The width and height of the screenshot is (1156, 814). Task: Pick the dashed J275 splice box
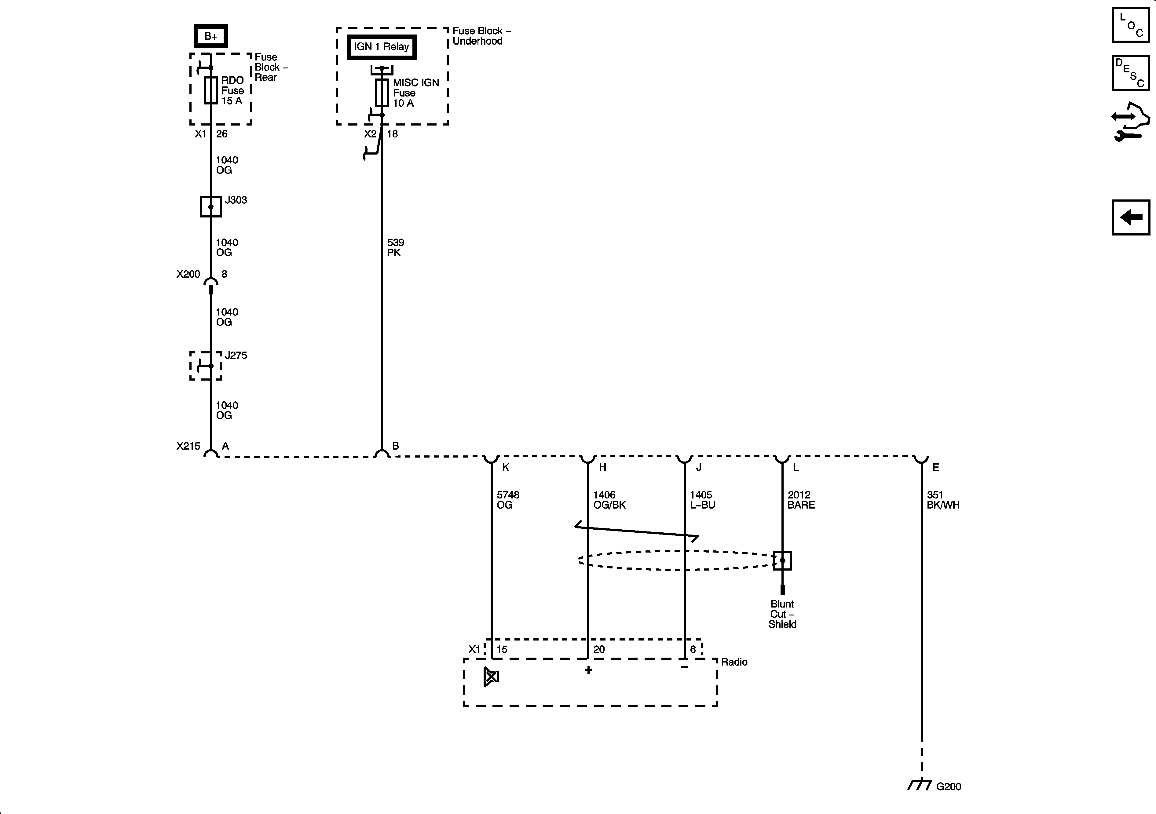click(205, 366)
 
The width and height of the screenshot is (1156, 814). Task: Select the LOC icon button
click(1131, 25)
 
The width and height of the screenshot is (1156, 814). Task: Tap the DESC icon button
click(1131, 73)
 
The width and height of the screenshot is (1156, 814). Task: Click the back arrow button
click(1131, 217)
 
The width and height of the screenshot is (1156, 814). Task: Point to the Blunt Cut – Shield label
click(782, 614)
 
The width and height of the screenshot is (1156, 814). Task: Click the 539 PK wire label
click(395, 248)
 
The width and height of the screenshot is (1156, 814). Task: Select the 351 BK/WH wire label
click(942, 500)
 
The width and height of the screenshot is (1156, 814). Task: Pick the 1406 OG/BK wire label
click(609, 500)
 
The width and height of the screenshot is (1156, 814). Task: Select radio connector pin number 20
click(599, 649)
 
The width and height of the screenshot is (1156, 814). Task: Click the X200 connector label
click(188, 274)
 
